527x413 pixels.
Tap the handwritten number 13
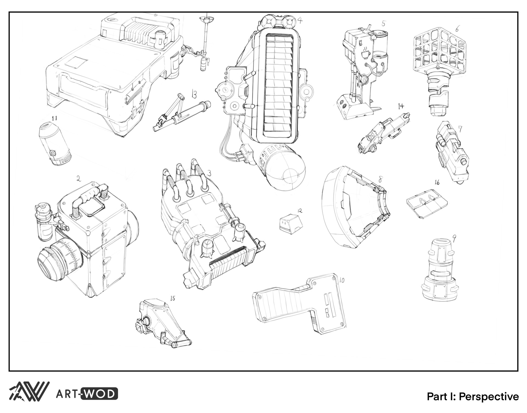(x=194, y=95)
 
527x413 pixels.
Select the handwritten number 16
(x=437, y=182)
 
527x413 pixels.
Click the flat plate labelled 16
(x=427, y=205)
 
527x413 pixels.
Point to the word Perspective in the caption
(x=489, y=397)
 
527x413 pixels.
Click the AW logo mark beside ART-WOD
(x=29, y=391)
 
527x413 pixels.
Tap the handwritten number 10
(x=342, y=280)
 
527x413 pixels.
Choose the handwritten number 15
(x=172, y=298)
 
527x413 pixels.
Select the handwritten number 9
(x=454, y=239)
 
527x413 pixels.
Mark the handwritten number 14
(x=401, y=106)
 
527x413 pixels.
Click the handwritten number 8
(x=380, y=180)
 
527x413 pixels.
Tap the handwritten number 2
(x=79, y=179)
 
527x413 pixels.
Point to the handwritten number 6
(x=457, y=29)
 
